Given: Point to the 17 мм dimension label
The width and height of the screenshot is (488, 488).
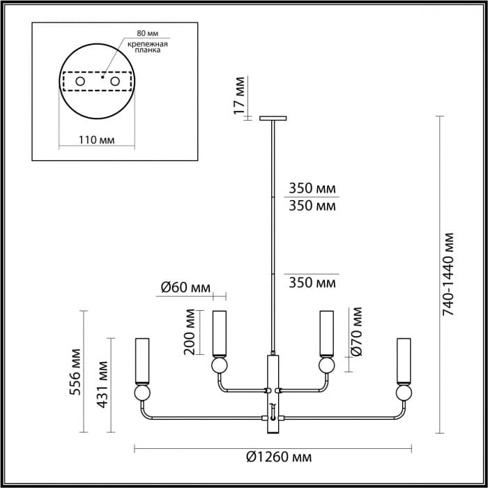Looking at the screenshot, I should point(239,95).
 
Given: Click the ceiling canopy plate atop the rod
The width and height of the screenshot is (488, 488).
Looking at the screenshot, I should point(273,118).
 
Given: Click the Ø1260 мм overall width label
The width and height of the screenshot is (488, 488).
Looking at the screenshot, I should point(279,457).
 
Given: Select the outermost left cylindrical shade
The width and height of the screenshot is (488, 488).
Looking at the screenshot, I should point(142,360).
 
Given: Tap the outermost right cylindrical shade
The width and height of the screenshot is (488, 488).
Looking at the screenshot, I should point(402,360).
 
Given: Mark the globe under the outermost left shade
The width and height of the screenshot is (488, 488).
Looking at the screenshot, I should point(142,393).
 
